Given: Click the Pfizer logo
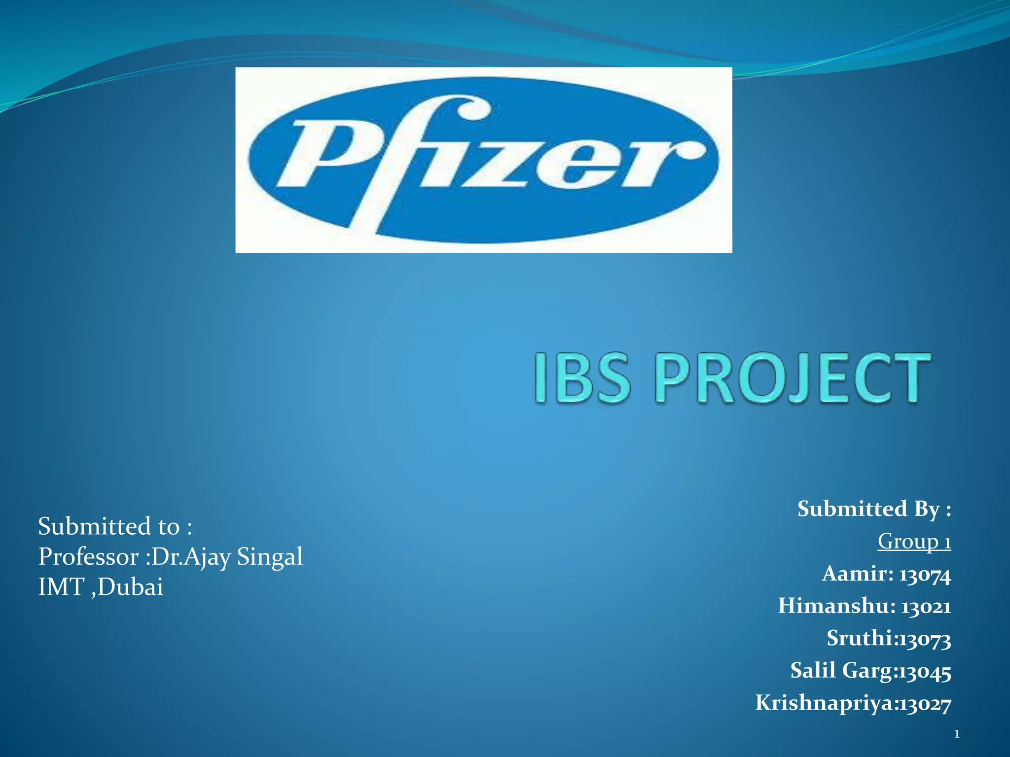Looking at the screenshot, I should tap(483, 160).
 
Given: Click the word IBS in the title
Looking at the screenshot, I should tap(582, 378).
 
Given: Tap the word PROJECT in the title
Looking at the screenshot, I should tap(793, 378).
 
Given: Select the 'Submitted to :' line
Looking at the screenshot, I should tap(115, 526).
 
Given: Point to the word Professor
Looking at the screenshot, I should tap(88, 557).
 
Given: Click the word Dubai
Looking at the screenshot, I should tap(130, 587).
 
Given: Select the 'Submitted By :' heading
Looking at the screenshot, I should tap(874, 509).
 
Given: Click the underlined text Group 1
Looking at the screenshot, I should tap(914, 541).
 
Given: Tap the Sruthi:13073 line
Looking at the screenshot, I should tap(888, 638).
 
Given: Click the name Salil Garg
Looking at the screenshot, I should tap(842, 671).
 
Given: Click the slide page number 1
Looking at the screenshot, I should tap(957, 735).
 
